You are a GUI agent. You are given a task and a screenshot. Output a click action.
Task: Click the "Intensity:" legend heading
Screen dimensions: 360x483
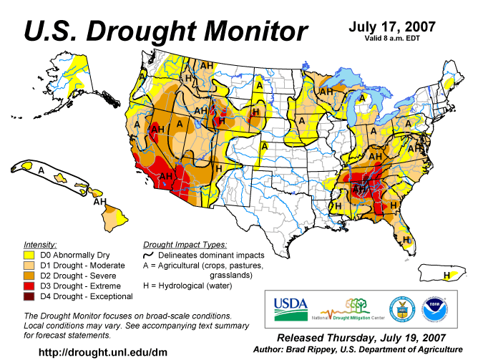tap(40, 244)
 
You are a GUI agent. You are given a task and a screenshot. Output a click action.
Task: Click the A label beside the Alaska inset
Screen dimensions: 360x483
tap(42, 171)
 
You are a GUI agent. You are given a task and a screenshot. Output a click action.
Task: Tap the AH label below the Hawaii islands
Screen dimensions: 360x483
tap(99, 203)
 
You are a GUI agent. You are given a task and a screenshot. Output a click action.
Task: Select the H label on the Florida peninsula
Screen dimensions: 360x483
tap(406, 239)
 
